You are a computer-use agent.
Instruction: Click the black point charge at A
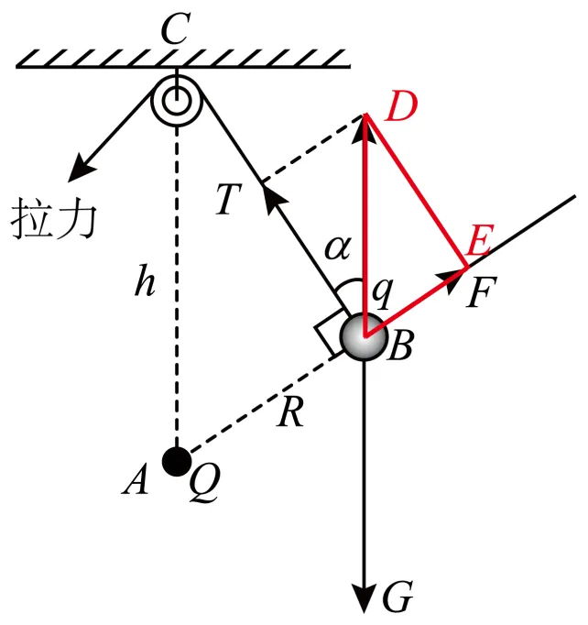[x=176, y=459]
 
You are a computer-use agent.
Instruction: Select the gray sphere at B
[x=365, y=336]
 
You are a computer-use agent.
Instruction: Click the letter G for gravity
[x=397, y=599]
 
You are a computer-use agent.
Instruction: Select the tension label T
[x=229, y=203]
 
